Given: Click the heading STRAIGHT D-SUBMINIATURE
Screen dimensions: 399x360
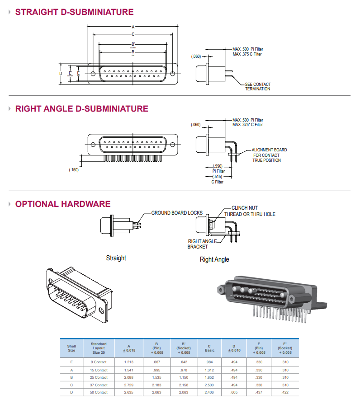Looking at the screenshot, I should [x=74, y=12].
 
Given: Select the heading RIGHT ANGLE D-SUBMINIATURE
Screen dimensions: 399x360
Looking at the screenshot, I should [x=81, y=108].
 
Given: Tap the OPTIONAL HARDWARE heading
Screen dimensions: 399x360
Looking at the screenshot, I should [x=62, y=204].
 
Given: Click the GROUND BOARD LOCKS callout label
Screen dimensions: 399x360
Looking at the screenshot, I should [x=177, y=213].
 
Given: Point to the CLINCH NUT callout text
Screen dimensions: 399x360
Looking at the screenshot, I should [x=245, y=208].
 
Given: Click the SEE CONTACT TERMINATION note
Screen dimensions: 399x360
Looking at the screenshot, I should [x=258, y=86].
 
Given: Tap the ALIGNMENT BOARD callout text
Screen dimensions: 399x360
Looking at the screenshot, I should [x=269, y=150].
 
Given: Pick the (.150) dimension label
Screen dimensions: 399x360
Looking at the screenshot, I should [x=74, y=170].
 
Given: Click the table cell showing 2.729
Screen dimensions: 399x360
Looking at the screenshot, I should [x=129, y=385].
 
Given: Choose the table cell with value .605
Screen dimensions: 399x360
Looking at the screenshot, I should [x=234, y=392].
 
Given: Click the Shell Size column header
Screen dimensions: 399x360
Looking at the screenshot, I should [x=71, y=348].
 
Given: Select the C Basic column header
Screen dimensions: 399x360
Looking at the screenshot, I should [x=209, y=348].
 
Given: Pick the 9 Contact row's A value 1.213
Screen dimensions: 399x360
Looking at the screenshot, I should [x=129, y=362].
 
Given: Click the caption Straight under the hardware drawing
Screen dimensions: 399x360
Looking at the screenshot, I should [x=116, y=258].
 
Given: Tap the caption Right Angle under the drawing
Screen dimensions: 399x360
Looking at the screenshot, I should [x=214, y=259].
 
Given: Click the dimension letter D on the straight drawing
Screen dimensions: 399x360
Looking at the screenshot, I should [x=61, y=73].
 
